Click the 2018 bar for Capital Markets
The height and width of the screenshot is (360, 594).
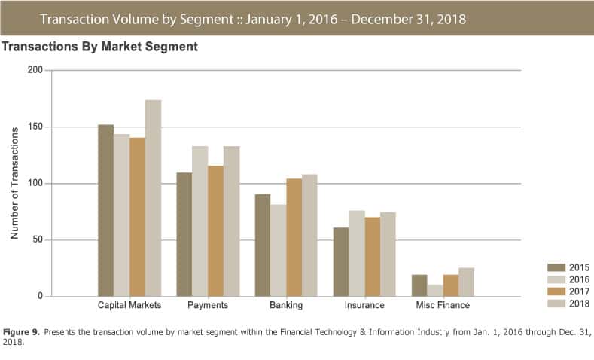click(x=153, y=198)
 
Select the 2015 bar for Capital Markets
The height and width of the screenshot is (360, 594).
click(x=106, y=210)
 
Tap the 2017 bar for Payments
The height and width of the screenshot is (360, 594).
click(x=215, y=230)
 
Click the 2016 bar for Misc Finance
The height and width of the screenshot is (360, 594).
click(x=435, y=291)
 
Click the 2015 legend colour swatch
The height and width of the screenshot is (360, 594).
click(x=556, y=267)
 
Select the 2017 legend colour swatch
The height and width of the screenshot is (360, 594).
click(x=556, y=291)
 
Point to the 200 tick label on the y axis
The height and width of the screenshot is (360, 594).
click(x=35, y=71)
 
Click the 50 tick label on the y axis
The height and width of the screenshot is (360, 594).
click(x=38, y=240)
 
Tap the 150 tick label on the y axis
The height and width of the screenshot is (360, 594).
click(x=35, y=127)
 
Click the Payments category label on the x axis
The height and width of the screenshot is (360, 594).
click(x=208, y=306)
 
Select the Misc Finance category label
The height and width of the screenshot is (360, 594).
click(x=443, y=306)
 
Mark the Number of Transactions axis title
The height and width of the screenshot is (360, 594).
click(x=14, y=183)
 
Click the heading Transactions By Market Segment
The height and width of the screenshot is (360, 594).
click(x=100, y=47)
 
